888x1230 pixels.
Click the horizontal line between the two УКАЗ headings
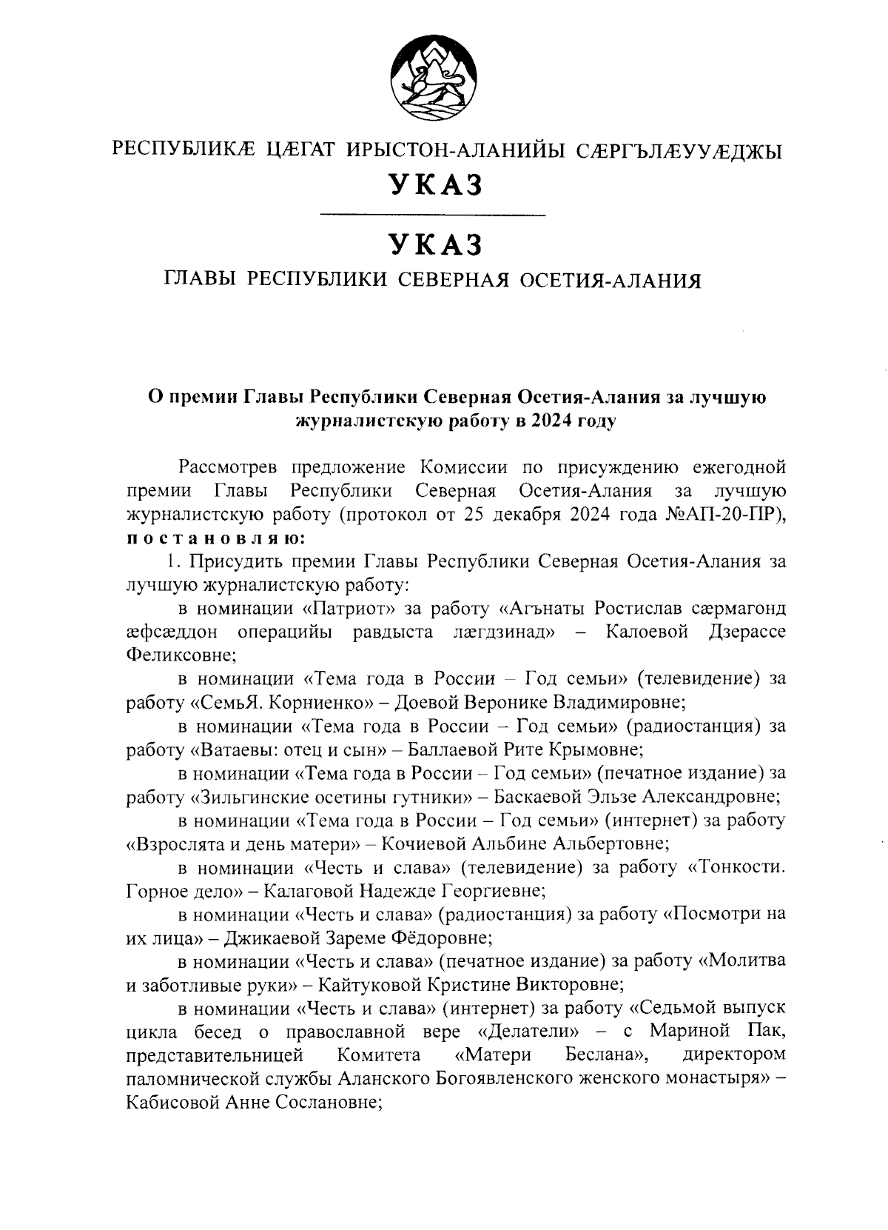pos(432,215)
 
